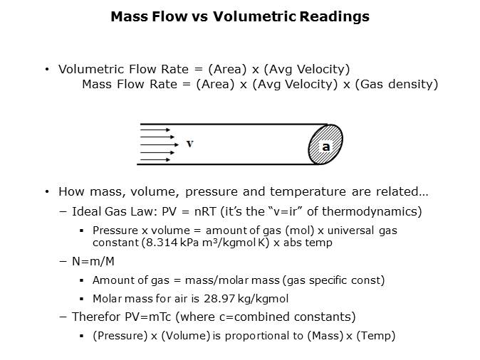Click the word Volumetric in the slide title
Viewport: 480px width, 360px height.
click(254, 16)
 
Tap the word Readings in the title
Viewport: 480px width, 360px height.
click(334, 17)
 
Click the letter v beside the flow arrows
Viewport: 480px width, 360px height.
click(190, 143)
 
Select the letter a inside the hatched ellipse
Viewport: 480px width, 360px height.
click(326, 147)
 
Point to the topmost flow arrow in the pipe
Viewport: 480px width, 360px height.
click(155, 129)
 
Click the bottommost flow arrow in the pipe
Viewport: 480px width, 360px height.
click(155, 159)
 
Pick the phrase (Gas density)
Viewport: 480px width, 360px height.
click(397, 85)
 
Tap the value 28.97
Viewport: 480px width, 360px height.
click(219, 299)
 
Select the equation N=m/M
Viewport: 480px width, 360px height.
click(93, 262)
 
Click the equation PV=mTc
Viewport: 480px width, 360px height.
click(148, 317)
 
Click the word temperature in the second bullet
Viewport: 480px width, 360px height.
click(308, 192)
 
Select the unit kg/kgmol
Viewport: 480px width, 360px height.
click(263, 299)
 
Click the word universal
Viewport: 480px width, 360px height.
click(351, 231)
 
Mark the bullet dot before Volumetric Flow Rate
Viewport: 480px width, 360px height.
click(47, 70)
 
